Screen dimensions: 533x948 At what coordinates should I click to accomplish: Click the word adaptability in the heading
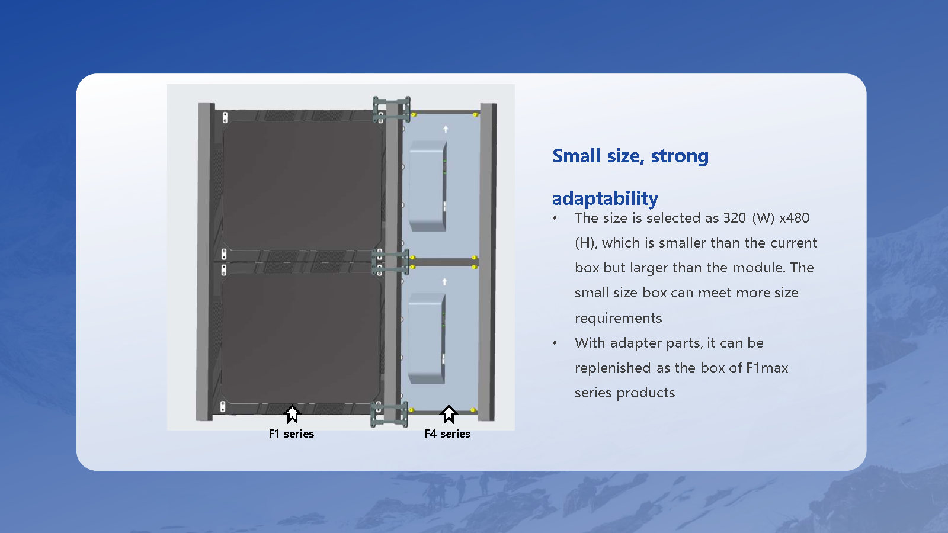(x=605, y=198)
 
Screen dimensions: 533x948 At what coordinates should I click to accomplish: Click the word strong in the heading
(x=680, y=156)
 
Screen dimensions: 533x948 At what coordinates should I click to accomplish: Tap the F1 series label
(x=291, y=434)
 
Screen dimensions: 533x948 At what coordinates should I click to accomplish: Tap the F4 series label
(x=447, y=434)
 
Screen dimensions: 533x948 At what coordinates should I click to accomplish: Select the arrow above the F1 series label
(x=292, y=414)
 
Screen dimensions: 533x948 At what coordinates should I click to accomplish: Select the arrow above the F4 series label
(x=449, y=414)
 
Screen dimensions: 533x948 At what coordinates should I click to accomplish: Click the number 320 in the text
(x=734, y=218)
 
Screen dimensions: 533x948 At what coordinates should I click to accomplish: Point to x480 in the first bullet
(x=794, y=218)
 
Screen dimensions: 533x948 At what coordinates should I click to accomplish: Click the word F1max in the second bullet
(x=767, y=368)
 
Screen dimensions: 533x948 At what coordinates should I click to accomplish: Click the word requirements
(x=618, y=318)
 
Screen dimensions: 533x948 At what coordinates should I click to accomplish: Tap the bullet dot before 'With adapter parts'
(x=555, y=343)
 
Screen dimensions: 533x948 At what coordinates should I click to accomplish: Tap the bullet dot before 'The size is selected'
(x=555, y=219)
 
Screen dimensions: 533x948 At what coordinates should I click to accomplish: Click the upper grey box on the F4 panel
(x=427, y=186)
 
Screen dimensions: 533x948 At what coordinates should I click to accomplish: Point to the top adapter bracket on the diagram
(x=391, y=110)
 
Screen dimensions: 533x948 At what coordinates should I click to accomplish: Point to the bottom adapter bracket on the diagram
(x=389, y=414)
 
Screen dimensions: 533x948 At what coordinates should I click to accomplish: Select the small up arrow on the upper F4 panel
(x=446, y=129)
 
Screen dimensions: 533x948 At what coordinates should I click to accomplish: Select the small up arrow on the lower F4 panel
(x=444, y=282)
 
